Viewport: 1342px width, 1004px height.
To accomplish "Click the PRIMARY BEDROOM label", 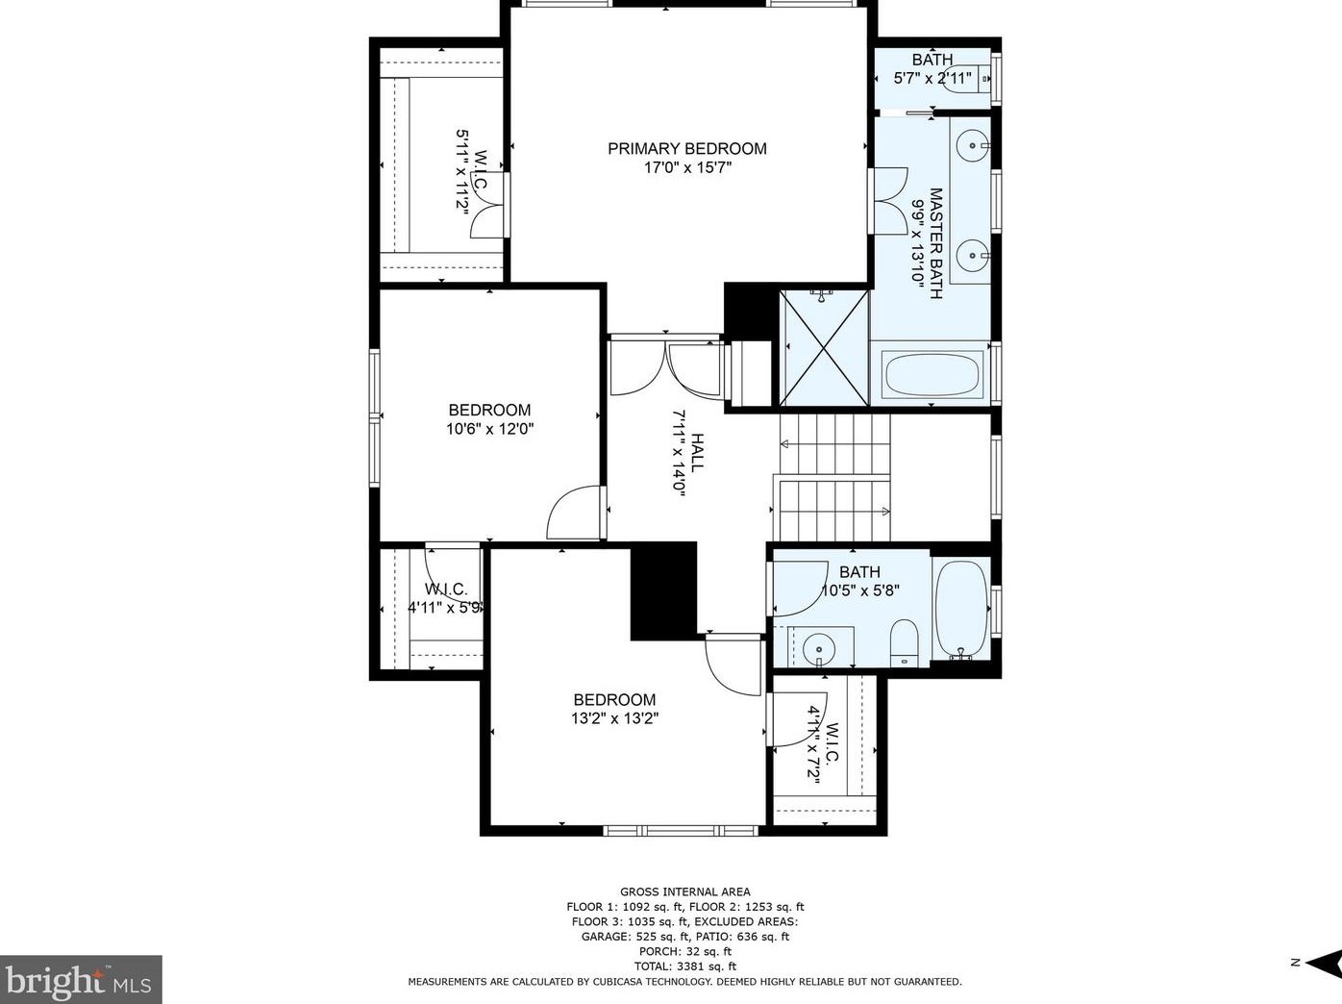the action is [686, 149].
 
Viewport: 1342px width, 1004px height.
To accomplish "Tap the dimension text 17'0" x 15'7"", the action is [687, 167].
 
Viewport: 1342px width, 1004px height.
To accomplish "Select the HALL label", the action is [697, 452].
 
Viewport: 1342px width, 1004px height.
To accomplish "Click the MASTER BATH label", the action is [935, 243].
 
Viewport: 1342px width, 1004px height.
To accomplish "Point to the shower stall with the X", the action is [824, 348].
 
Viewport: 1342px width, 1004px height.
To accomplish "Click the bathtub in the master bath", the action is [932, 375].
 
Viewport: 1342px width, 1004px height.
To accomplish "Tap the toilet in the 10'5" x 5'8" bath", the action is [905, 643].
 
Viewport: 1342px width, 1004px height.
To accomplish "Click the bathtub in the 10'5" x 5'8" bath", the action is [961, 611].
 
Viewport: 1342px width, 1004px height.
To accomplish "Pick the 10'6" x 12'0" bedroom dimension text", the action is [489, 429].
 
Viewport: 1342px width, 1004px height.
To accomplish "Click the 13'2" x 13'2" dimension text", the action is [614, 717].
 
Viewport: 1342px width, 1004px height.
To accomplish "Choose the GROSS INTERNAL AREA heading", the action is [684, 891].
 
